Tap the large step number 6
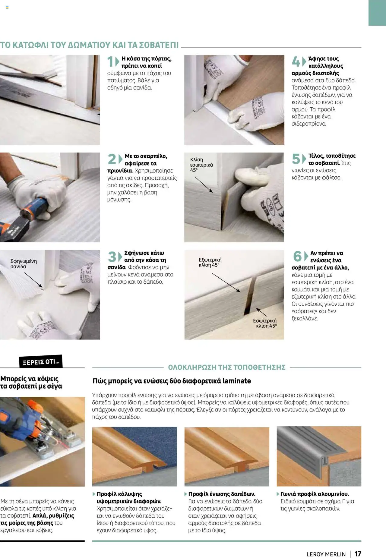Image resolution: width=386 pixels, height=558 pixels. tap(297, 256)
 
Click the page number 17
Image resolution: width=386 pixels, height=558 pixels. tap(358, 553)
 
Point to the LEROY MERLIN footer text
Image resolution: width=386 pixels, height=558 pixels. tap(326, 554)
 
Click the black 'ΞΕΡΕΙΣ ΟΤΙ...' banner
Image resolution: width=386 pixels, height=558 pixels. tap(41, 361)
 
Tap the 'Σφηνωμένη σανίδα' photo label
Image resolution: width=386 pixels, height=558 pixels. tap(23, 264)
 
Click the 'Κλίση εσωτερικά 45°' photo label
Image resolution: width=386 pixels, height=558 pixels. tap(201, 165)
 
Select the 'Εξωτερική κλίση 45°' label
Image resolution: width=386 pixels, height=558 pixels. tap(210, 262)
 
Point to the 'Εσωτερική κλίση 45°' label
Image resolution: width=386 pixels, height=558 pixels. tap(265, 323)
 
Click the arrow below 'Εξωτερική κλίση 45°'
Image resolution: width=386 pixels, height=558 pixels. tap(226, 282)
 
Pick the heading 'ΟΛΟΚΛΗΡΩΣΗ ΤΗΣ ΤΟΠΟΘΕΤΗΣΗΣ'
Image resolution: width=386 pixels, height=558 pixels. tap(226, 367)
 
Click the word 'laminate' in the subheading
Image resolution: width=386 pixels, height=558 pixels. tap(236, 381)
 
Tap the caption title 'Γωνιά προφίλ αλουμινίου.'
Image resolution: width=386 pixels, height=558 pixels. tap(315, 494)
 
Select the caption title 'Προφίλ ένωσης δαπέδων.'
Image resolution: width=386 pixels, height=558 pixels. tap(222, 494)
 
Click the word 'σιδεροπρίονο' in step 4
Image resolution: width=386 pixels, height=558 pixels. tap(308, 124)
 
